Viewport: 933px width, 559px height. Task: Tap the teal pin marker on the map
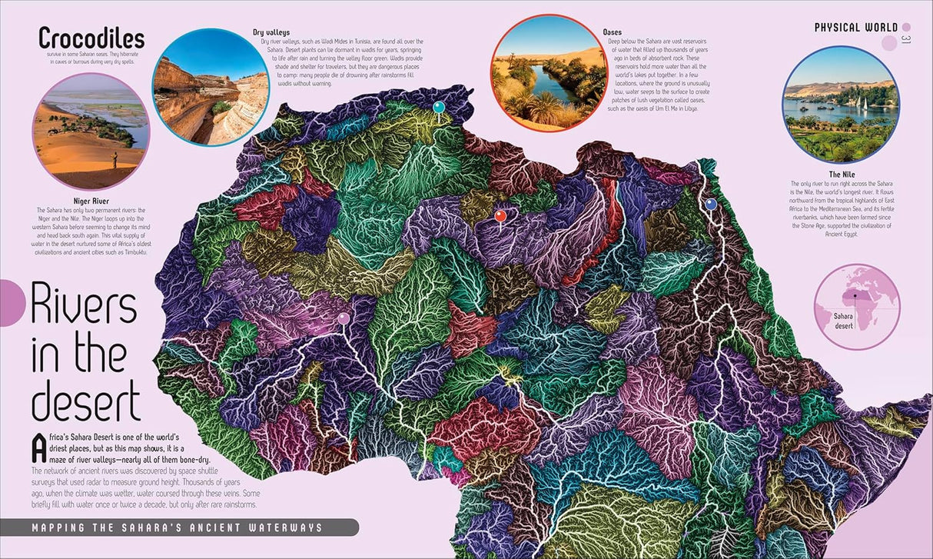click(439, 107)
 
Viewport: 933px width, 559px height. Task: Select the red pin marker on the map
click(500, 216)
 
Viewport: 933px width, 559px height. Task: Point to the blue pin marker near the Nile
click(711, 204)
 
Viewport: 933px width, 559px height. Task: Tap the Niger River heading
click(90, 201)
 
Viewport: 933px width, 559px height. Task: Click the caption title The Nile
click(841, 175)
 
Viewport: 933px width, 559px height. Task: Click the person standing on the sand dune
click(115, 160)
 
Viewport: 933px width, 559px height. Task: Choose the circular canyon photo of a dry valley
click(211, 87)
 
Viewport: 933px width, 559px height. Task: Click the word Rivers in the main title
click(84, 307)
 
